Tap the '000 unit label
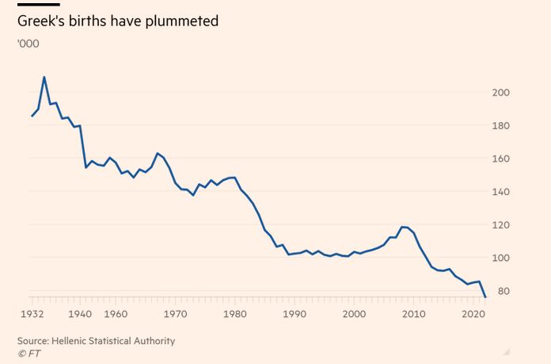click(28, 44)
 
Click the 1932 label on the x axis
click(32, 314)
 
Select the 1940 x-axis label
click(80, 314)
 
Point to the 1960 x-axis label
click(116, 314)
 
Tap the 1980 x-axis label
click(234, 314)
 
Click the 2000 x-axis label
click(354, 314)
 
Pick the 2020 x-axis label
click(473, 314)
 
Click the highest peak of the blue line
click(44, 77)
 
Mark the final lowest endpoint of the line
click(485, 297)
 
